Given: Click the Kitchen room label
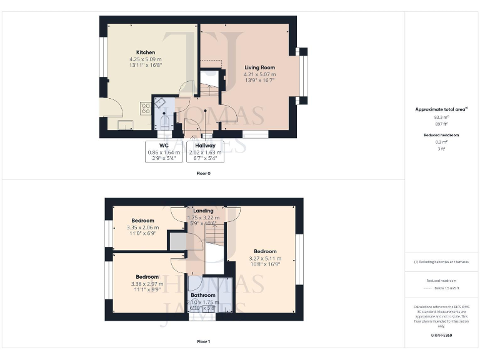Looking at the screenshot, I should point(146,52).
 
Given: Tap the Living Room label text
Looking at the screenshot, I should point(259,67).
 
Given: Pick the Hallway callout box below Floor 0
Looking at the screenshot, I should point(204,152).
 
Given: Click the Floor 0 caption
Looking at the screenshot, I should point(203,173).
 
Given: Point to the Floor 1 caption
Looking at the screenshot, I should point(203,342).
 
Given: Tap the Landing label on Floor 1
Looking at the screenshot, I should point(203,211).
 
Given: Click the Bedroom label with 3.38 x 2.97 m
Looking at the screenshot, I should point(147,277).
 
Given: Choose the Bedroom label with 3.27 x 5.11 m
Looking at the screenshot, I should point(265,252).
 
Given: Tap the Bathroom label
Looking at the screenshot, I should point(203,295).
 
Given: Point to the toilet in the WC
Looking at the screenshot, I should point(165,121).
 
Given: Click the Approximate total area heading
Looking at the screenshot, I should point(441,109).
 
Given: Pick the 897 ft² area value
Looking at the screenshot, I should point(441,123).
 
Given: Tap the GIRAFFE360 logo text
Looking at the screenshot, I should point(441,336).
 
